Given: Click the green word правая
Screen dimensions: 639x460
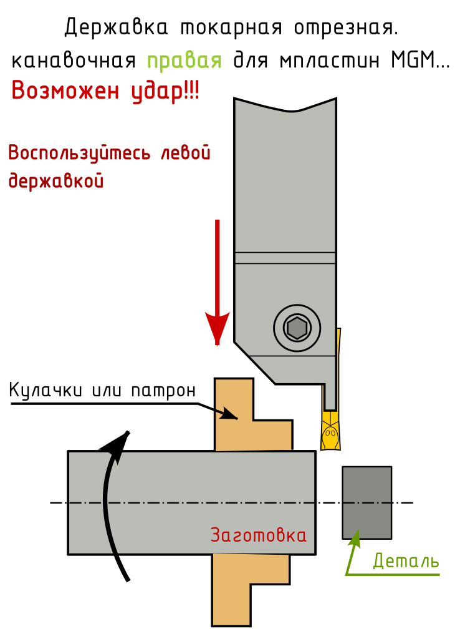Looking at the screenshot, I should tap(184, 61).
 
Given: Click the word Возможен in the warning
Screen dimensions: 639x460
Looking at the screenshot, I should tap(65, 91).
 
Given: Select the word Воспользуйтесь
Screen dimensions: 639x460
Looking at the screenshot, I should tap(80, 153).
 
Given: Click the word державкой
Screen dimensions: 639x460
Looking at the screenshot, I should tap(56, 182).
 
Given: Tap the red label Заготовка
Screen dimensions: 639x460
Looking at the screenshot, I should tap(258, 535).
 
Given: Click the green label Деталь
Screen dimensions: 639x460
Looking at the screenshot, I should tap(406, 561).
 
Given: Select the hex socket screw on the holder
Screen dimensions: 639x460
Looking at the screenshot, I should tap(297, 328).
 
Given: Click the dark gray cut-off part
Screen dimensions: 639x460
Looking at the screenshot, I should tap(367, 502).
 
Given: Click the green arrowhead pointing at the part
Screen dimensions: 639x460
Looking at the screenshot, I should tap(355, 538).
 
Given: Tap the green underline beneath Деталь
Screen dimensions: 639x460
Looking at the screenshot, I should tap(393, 574).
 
